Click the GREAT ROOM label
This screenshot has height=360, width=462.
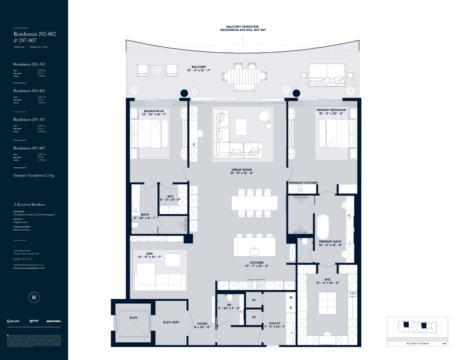[x=241, y=171]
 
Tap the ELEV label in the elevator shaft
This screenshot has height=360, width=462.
[x=134, y=318]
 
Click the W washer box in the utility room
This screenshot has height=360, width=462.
[x=291, y=298]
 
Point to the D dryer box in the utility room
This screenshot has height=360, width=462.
[x=291, y=308]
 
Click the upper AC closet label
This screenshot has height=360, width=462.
[x=254, y=300]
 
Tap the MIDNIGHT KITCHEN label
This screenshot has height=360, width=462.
[x=303, y=183]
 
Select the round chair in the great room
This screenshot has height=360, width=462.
[x=265, y=116]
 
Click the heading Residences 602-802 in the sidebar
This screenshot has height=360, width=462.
[x=29, y=91]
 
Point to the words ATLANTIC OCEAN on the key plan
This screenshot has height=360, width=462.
[x=418, y=343]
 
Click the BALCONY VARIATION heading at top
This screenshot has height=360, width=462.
[x=243, y=28]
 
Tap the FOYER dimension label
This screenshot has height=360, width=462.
[x=202, y=325]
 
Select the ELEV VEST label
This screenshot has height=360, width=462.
[x=171, y=322]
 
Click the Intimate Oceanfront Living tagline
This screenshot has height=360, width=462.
[x=34, y=175]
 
